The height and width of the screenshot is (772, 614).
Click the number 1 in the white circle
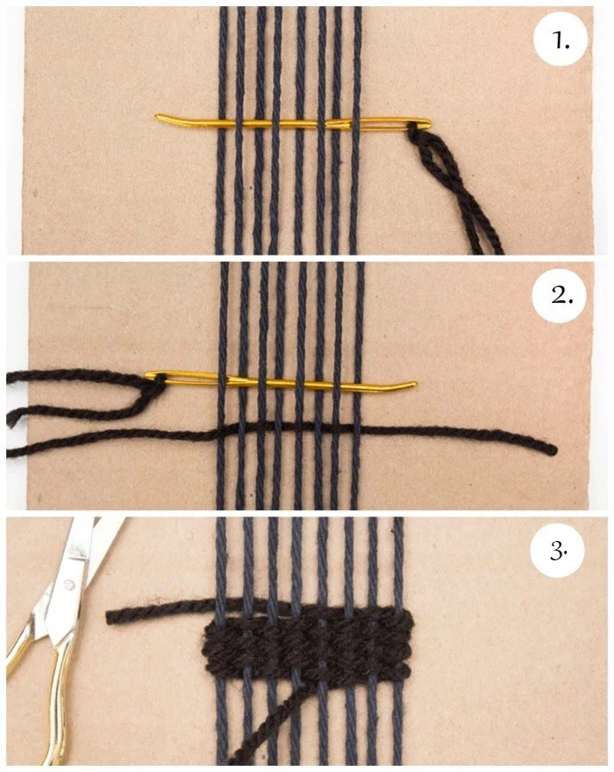tap(560, 41)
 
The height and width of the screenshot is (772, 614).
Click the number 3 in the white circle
tap(558, 552)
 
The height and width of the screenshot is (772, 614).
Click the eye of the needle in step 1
tap(417, 122)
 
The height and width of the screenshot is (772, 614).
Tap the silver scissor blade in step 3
tap(78, 547)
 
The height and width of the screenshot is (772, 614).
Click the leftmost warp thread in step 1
tap(221, 131)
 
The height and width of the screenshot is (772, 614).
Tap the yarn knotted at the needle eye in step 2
tap(156, 384)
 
